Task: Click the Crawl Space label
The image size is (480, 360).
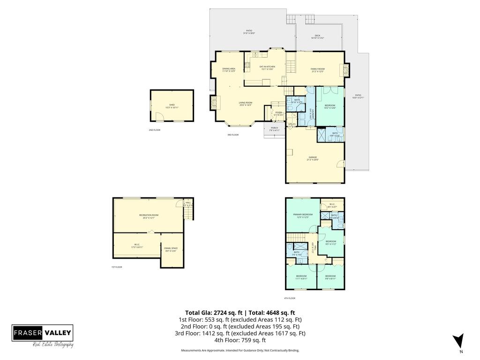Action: [x=171, y=249]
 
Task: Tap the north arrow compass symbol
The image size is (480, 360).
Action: [x=459, y=342]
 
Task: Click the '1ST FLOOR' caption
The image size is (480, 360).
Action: [x=117, y=267]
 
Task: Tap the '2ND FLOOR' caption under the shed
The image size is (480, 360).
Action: [x=155, y=130]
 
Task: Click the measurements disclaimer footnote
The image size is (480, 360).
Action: [x=240, y=351]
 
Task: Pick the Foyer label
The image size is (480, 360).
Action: [x=278, y=113]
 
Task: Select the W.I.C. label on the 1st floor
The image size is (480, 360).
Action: [x=137, y=246]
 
